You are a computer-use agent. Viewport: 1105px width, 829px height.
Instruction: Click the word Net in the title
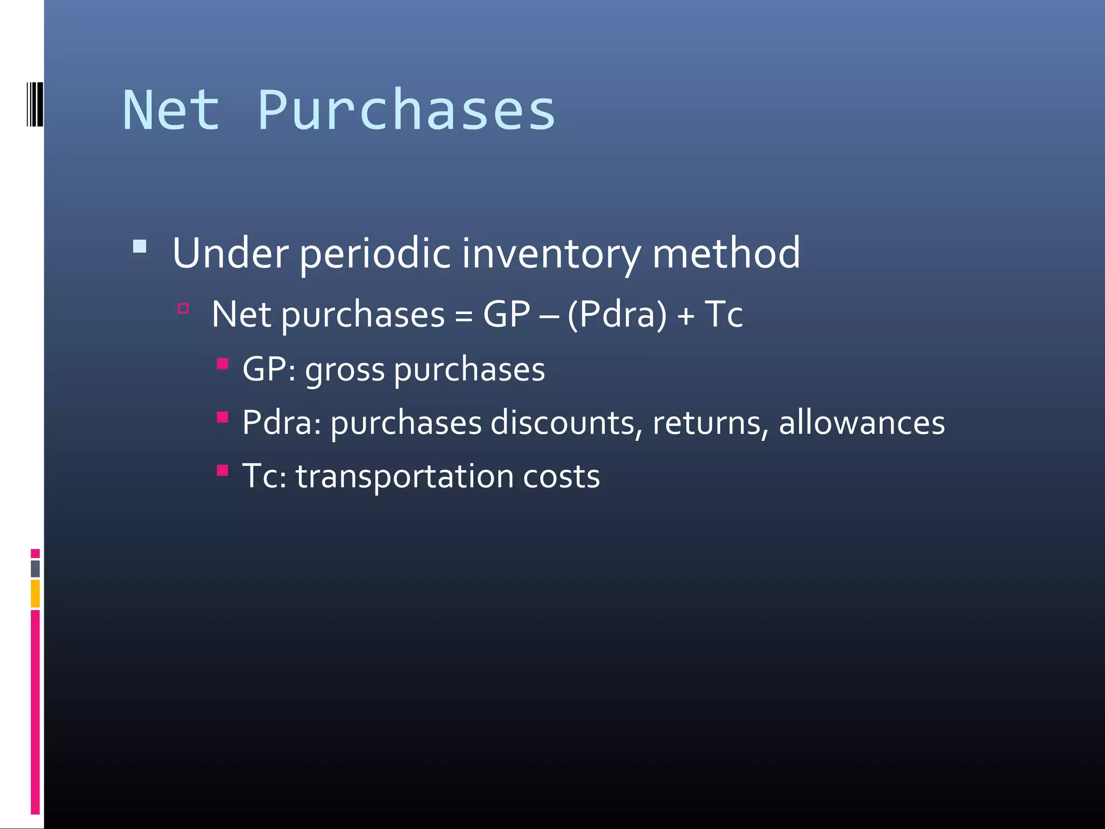point(172,111)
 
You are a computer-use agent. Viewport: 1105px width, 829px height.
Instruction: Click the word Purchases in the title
point(406,111)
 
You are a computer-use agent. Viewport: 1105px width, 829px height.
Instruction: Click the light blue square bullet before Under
point(140,247)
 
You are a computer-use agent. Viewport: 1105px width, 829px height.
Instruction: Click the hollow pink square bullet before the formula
point(183,309)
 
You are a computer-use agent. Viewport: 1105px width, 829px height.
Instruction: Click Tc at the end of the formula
point(724,314)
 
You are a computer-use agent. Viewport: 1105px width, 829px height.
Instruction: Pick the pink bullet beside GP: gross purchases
point(222,363)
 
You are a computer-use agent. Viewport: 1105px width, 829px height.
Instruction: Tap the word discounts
point(562,423)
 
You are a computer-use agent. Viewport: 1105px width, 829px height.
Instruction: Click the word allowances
point(862,423)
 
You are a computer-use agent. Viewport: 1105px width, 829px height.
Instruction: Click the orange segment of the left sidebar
point(35,593)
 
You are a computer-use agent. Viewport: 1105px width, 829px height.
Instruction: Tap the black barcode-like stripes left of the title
point(35,104)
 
